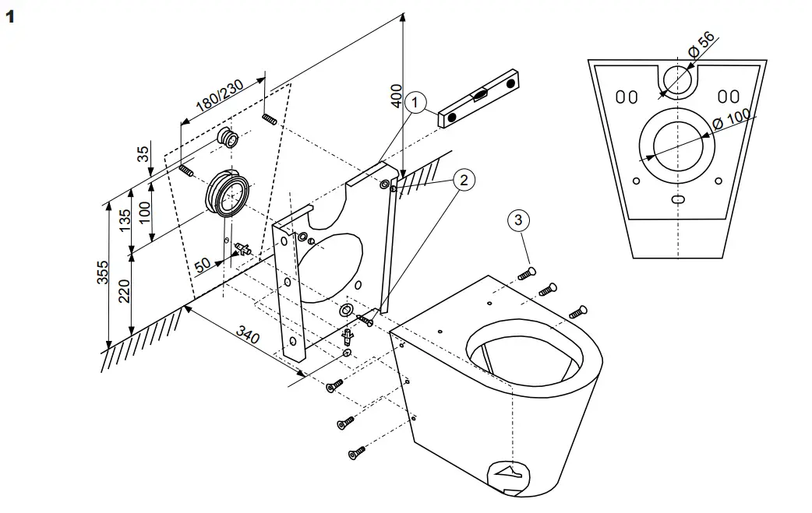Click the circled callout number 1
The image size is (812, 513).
click(417, 103)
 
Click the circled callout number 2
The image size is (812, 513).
click(464, 180)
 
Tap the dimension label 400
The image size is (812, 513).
click(397, 95)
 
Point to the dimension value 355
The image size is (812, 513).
click(103, 273)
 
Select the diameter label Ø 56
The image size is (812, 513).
click(701, 47)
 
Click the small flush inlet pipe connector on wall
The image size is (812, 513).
click(229, 139)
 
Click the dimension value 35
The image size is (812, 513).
click(144, 153)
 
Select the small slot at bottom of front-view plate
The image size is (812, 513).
click(679, 199)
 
